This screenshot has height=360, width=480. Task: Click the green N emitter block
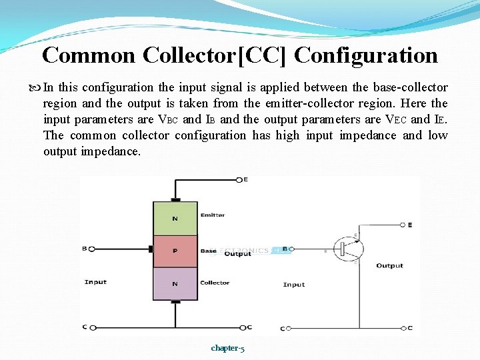tap(175, 218)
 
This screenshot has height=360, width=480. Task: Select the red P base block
tap(175, 251)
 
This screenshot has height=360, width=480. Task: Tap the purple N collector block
tap(175, 283)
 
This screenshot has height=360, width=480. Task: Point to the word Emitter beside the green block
tap(213, 215)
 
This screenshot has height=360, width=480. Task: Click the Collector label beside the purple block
tap(215, 283)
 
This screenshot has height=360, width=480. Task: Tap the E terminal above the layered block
tap(239, 179)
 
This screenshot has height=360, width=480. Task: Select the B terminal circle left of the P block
tap(92, 249)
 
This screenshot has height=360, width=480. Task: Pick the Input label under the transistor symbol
tap(294, 285)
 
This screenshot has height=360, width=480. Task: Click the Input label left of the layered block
tap(95, 282)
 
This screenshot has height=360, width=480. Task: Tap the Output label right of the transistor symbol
tap(389, 265)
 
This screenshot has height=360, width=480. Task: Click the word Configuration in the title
tap(366, 55)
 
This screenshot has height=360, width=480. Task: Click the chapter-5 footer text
tap(227, 348)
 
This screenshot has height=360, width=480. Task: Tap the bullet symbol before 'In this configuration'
tap(36, 88)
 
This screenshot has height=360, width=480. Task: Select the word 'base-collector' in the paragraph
tap(409, 87)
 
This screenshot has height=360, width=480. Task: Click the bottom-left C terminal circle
tap(92, 327)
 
